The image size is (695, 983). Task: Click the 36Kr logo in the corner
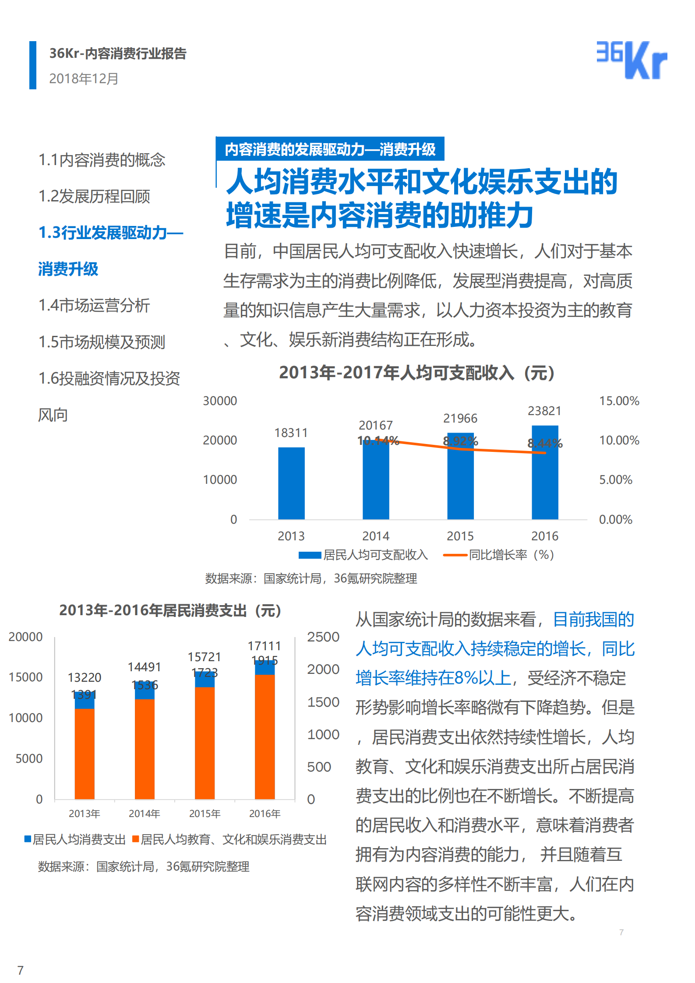click(631, 60)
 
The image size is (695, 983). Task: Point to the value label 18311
click(291, 433)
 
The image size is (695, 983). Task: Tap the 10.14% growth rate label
click(378, 440)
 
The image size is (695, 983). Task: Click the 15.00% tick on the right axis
click(619, 401)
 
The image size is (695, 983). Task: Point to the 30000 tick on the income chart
click(220, 401)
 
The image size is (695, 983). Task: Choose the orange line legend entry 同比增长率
click(499, 555)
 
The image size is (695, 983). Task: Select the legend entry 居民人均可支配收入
click(363, 555)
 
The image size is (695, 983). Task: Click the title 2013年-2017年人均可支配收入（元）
click(417, 373)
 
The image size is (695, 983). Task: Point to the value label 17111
click(264, 646)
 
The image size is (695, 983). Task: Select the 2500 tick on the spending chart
click(323, 637)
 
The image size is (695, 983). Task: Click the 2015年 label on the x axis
click(205, 814)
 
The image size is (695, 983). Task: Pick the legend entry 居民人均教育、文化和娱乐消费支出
click(229, 839)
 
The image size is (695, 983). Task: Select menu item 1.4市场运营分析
click(94, 305)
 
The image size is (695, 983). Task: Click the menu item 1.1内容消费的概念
click(102, 160)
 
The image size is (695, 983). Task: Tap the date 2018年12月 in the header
click(84, 78)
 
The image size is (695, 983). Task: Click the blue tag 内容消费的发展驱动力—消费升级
click(330, 149)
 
